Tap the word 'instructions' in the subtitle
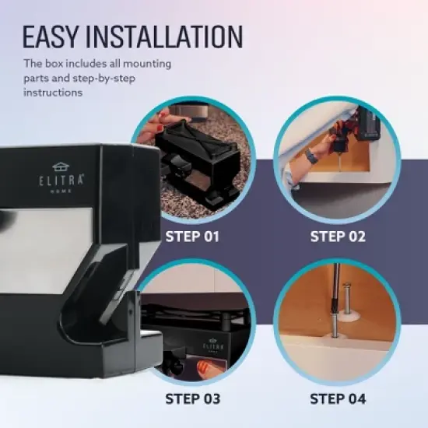pyautogui.click(x=52, y=93)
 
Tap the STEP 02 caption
pyautogui.click(x=337, y=237)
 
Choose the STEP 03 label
pyautogui.click(x=193, y=399)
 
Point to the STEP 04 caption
pyautogui.click(x=337, y=399)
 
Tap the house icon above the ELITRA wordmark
pyautogui.click(x=60, y=167)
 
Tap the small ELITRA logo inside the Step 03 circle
pyautogui.click(x=207, y=343)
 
